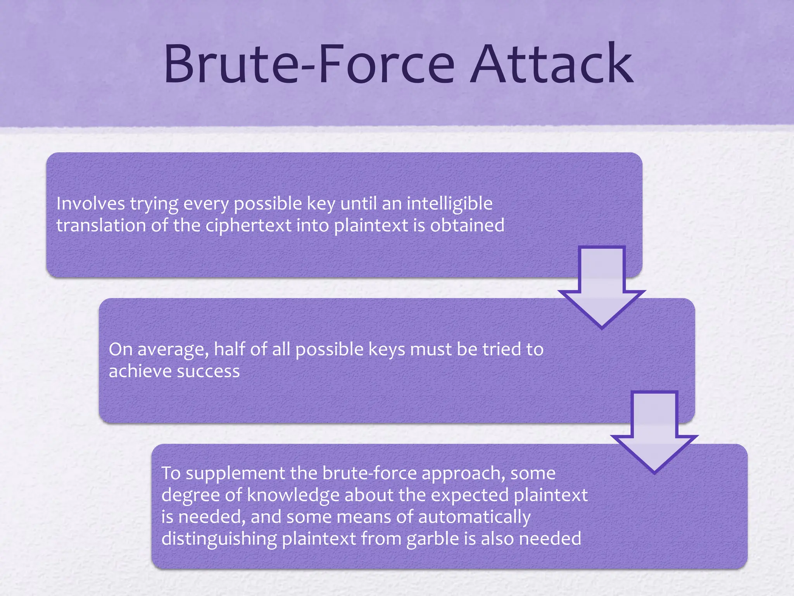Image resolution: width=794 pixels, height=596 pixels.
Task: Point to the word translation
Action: click(101, 225)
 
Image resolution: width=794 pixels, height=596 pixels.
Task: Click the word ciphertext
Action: click(248, 225)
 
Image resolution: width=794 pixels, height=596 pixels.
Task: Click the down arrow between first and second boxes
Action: click(602, 287)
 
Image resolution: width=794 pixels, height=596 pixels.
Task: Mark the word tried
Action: click(502, 349)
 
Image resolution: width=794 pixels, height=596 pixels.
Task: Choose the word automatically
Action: click(474, 517)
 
